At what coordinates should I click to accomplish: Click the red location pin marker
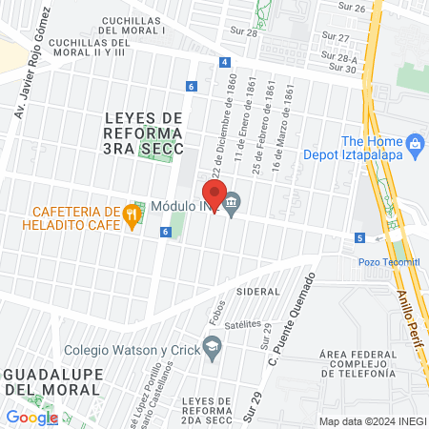(212, 194)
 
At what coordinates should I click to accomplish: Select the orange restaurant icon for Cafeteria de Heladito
(133, 216)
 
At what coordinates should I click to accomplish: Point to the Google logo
(31, 417)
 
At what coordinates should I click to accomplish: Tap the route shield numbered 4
(223, 62)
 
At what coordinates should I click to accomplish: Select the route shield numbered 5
(359, 237)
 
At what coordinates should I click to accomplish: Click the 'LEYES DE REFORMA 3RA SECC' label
(143, 124)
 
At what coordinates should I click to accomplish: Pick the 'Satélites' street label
(242, 324)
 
